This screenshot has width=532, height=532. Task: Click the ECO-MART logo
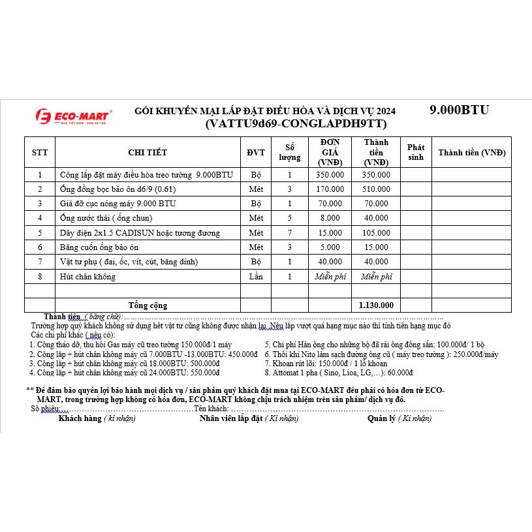(73, 116)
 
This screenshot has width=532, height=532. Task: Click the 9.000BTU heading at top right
(459, 110)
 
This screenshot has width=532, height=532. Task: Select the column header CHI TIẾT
(148, 153)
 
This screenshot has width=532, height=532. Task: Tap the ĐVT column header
(255, 153)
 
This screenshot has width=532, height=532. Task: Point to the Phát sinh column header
(415, 152)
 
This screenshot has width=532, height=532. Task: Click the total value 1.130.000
(376, 305)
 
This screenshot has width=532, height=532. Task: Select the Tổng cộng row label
(148, 305)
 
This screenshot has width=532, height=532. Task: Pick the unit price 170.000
(330, 189)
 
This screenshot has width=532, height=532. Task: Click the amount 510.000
(376, 189)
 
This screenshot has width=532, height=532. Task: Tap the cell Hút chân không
(87, 276)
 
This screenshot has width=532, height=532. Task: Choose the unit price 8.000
(330, 218)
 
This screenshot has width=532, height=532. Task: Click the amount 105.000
(376, 232)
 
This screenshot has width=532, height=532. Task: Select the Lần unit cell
(255, 276)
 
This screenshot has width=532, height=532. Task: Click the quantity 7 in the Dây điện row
(290, 232)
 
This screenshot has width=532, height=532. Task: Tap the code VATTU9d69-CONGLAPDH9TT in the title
(296, 123)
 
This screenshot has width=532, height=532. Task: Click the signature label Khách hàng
(97, 418)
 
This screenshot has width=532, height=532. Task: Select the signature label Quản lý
(399, 418)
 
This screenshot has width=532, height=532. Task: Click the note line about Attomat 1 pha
(339, 372)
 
